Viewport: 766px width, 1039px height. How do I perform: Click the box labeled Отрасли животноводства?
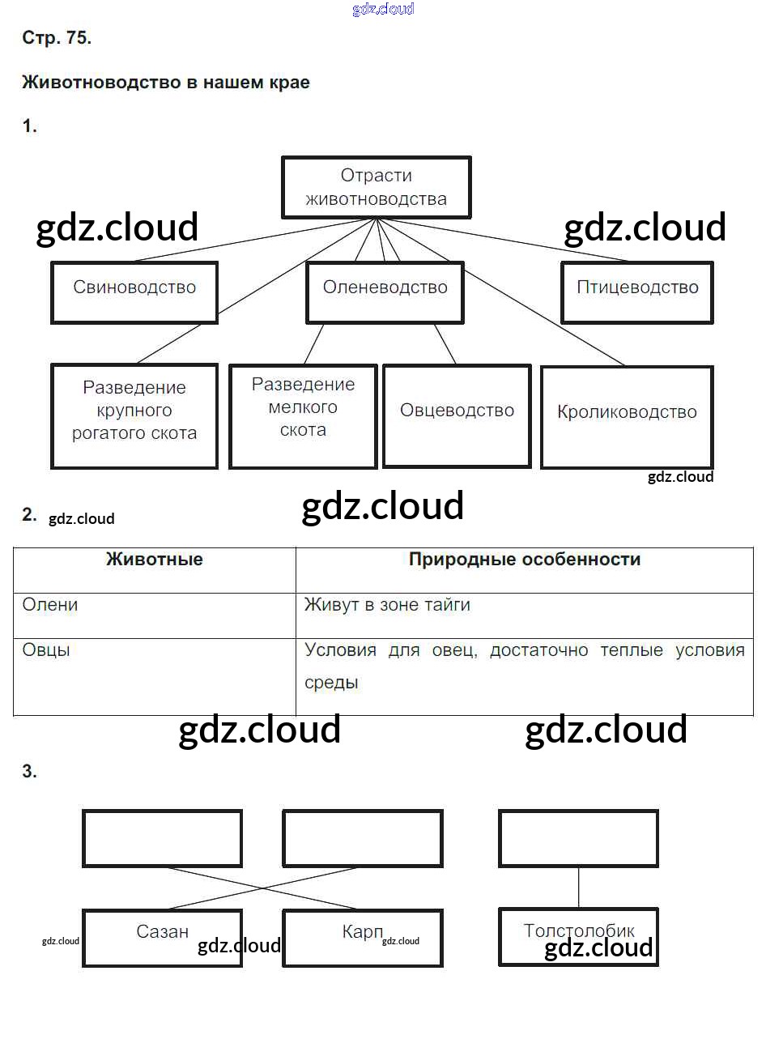(x=376, y=188)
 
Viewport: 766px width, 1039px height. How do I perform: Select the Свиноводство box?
(x=134, y=292)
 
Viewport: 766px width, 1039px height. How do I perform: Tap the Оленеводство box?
(x=385, y=292)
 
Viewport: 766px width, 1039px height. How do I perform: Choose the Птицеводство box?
(x=637, y=292)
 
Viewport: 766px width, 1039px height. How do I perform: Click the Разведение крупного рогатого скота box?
(x=134, y=415)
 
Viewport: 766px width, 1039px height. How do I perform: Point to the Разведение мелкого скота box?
(x=303, y=415)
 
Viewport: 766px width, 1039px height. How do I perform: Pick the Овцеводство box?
(x=457, y=415)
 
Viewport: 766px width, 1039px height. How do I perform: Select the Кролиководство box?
(x=627, y=416)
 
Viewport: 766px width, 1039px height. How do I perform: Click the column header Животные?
(x=155, y=560)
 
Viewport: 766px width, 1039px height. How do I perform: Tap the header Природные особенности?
(x=525, y=560)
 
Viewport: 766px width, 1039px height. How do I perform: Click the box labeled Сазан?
(x=162, y=937)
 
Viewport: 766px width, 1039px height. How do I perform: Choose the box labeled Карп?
(x=362, y=937)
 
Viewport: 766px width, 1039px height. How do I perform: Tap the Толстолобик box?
(x=578, y=935)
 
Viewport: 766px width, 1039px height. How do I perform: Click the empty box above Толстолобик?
(x=578, y=838)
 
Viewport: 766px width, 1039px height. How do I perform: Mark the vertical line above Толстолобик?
(x=578, y=887)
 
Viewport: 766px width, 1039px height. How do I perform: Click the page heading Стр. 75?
(x=57, y=39)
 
